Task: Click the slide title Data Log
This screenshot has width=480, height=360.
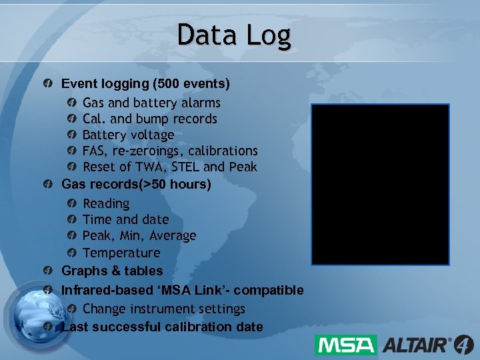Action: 234,35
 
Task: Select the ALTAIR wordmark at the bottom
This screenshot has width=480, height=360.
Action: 417,345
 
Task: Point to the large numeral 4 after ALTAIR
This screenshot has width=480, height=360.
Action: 464,345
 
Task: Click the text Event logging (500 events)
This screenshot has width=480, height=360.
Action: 145,84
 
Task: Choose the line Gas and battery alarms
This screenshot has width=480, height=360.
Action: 151,103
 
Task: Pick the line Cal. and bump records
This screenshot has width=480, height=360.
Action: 150,119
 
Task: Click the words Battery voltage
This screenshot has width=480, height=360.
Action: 128,135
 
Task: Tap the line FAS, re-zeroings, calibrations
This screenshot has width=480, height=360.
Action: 170,151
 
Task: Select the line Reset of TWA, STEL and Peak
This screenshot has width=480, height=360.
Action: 169,167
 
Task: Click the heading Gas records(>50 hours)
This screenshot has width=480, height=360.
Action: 136,184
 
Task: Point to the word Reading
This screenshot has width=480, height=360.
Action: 106,203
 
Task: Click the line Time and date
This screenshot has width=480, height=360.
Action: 125,219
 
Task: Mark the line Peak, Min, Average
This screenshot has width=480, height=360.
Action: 139,235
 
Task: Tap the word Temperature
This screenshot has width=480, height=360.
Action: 121,253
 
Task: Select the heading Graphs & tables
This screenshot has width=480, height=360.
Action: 112,271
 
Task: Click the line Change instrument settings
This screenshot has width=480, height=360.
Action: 164,309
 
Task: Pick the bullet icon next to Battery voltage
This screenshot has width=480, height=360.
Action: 72,135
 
